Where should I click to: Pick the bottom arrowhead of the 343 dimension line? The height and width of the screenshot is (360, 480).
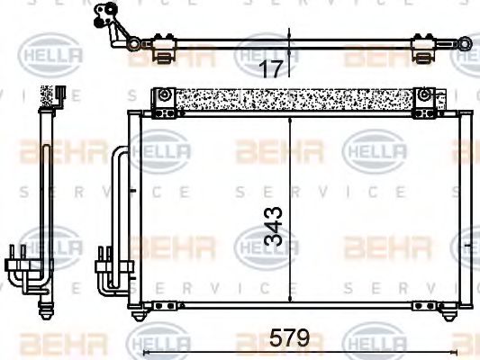[290, 299]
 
